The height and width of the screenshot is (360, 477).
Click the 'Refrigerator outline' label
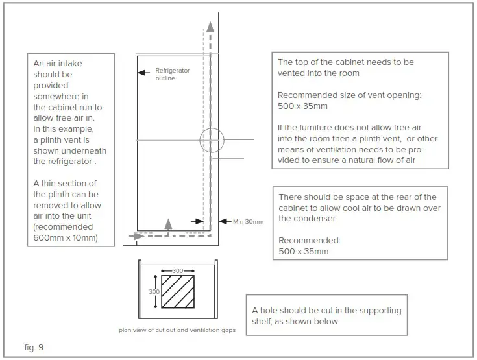click(x=173, y=75)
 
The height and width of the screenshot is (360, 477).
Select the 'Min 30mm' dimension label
click(x=249, y=222)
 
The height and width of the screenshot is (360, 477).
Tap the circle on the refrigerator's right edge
click(x=211, y=139)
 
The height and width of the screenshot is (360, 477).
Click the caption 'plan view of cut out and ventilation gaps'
click(x=177, y=330)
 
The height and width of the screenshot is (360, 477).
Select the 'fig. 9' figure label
click(x=34, y=348)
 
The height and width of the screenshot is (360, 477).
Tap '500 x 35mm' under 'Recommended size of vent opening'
click(x=303, y=106)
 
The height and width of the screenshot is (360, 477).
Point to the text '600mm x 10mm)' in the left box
click(x=66, y=237)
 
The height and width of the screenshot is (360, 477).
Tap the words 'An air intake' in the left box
click(x=58, y=64)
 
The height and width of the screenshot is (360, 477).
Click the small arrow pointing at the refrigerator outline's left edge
click(x=141, y=73)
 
